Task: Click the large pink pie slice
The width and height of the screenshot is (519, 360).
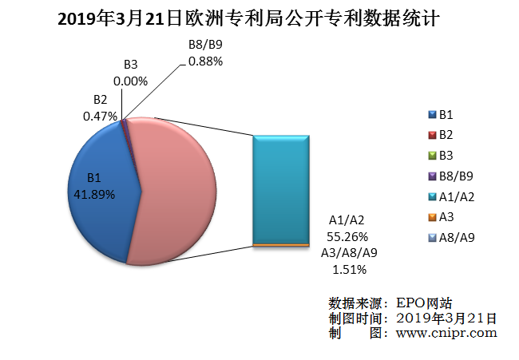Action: coord(180,192)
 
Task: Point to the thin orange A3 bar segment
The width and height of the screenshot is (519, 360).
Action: coord(281,245)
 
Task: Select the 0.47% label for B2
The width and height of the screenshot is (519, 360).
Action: coord(101,115)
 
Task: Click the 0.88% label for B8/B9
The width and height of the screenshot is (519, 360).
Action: coord(205,61)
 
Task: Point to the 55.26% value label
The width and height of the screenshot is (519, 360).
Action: coord(347,236)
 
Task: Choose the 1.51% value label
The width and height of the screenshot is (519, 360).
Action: coord(347,268)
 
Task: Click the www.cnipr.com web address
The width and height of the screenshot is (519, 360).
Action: coord(446,333)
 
